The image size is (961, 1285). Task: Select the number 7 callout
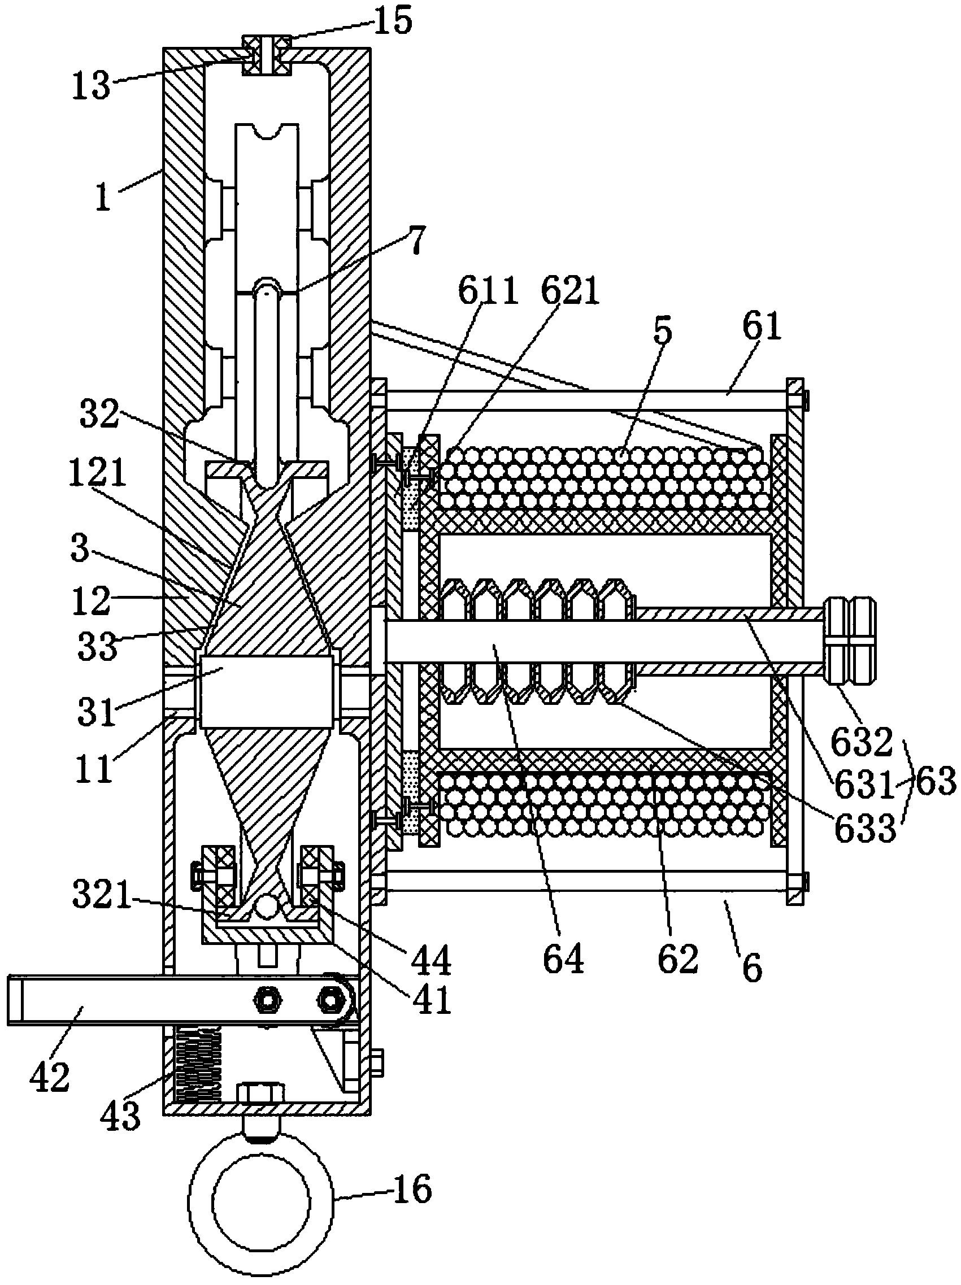[x=416, y=241]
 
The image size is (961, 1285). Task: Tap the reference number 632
[x=860, y=742]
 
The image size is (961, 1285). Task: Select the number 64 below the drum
[x=563, y=959]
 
